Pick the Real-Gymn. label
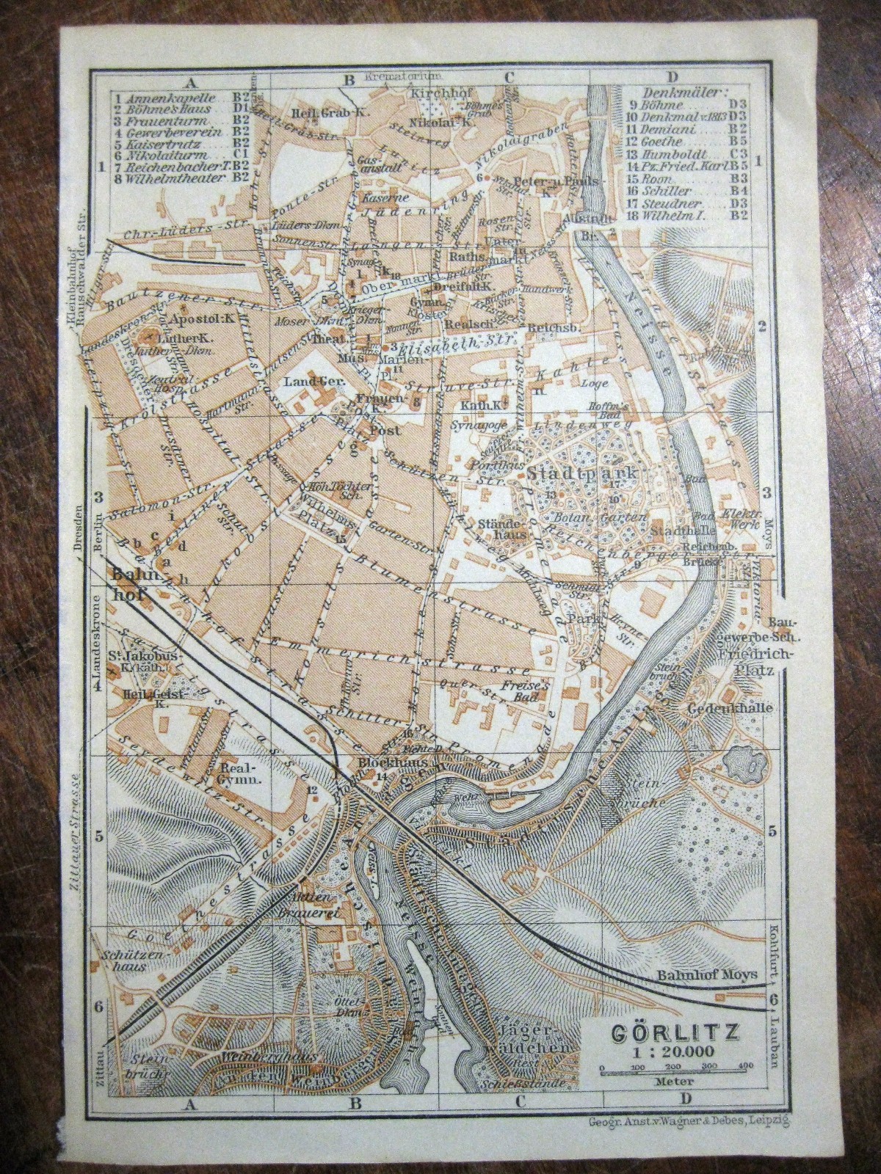tap(221, 775)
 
